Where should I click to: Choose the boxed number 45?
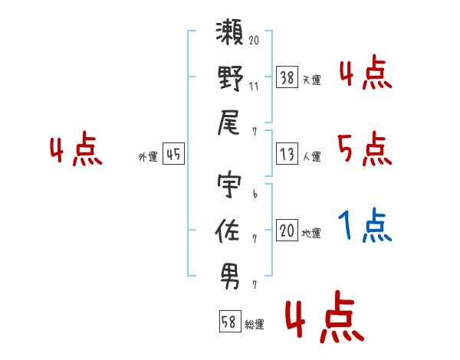173,155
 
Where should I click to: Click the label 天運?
312,79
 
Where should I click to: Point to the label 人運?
312,157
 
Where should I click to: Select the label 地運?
312,233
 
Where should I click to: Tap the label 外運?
148,157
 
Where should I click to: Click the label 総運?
255,324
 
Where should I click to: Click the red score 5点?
365,149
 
